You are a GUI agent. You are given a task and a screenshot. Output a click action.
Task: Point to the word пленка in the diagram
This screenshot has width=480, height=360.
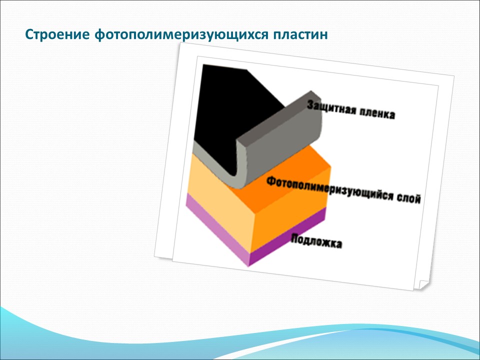(x=376, y=114)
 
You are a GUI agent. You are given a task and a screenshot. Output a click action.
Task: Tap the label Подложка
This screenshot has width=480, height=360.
(x=316, y=241)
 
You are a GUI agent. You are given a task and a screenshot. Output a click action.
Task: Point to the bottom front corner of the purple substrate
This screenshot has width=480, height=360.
(x=249, y=265)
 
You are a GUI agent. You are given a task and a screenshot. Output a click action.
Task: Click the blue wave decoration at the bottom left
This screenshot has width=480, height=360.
(x=40, y=330)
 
